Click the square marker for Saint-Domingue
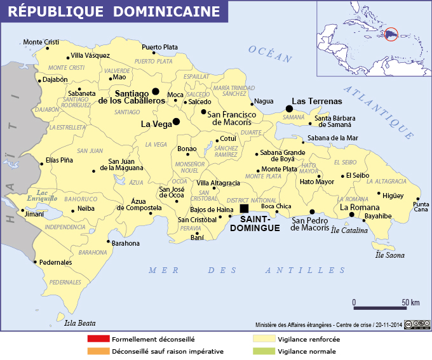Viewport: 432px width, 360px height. click(244, 208)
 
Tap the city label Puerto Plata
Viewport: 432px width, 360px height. click(159, 47)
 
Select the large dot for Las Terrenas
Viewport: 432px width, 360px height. click(289, 108)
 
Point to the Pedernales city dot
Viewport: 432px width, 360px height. click(35, 260)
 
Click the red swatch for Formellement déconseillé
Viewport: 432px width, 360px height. click(98, 339)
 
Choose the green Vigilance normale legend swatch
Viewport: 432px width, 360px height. click(265, 350)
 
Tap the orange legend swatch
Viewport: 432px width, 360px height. click(98, 350)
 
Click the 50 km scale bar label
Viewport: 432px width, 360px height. click(410, 302)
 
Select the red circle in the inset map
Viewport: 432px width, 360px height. click(391, 32)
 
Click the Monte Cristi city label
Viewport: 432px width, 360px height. click(41, 43)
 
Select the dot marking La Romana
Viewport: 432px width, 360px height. click(351, 215)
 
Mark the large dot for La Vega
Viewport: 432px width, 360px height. click(176, 121)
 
